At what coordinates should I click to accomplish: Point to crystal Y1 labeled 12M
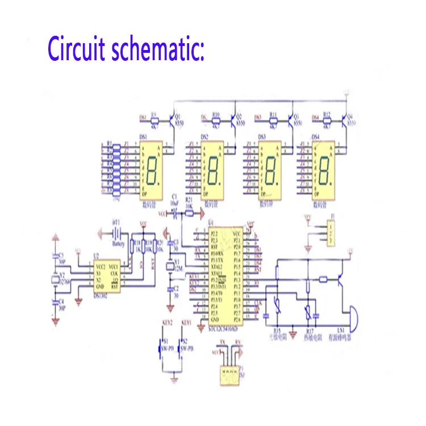tap(169, 268)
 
